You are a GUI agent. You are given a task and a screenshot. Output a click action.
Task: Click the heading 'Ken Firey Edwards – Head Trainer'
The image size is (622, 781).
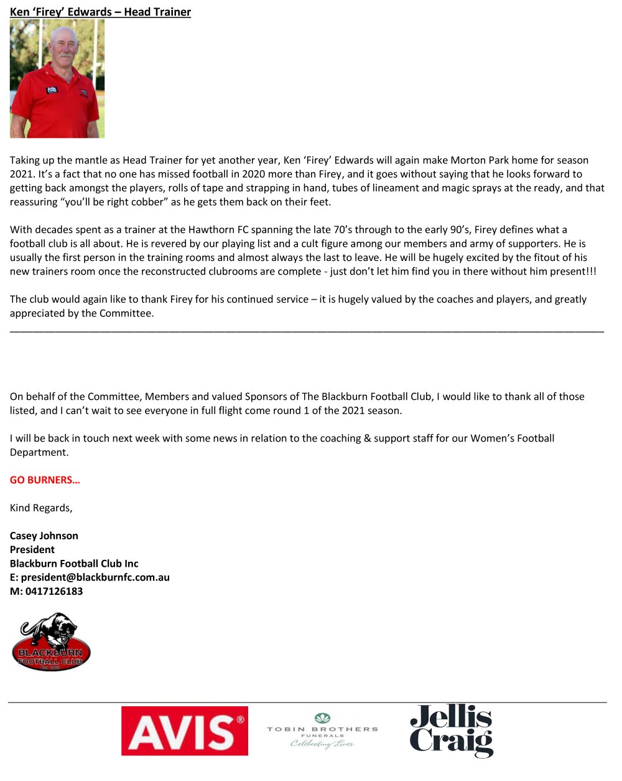coord(100,12)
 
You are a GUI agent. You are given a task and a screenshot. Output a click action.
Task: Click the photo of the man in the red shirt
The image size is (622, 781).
coord(57,78)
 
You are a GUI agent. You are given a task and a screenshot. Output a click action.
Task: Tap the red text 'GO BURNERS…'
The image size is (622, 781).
coord(45,480)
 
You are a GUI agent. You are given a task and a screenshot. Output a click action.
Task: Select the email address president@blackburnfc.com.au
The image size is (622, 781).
coord(95,577)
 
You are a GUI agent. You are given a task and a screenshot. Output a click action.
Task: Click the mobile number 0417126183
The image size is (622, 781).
coord(54,591)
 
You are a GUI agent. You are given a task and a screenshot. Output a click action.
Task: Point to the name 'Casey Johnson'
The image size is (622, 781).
coord(44,536)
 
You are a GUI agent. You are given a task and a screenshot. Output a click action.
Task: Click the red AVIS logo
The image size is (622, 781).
coord(185,731)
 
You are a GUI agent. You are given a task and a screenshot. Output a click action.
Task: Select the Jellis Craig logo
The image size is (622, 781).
coord(452,731)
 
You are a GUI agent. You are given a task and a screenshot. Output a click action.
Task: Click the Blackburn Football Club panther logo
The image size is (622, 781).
coord(51,642)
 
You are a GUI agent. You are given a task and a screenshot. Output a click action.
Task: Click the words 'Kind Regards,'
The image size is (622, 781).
coord(41,508)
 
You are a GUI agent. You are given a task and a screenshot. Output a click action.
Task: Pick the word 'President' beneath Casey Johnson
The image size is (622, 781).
coord(32,549)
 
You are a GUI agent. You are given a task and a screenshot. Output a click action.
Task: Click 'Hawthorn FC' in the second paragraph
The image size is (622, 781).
coord(220,230)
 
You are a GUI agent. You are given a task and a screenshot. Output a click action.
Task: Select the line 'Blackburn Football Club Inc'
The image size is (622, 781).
coord(74,563)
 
